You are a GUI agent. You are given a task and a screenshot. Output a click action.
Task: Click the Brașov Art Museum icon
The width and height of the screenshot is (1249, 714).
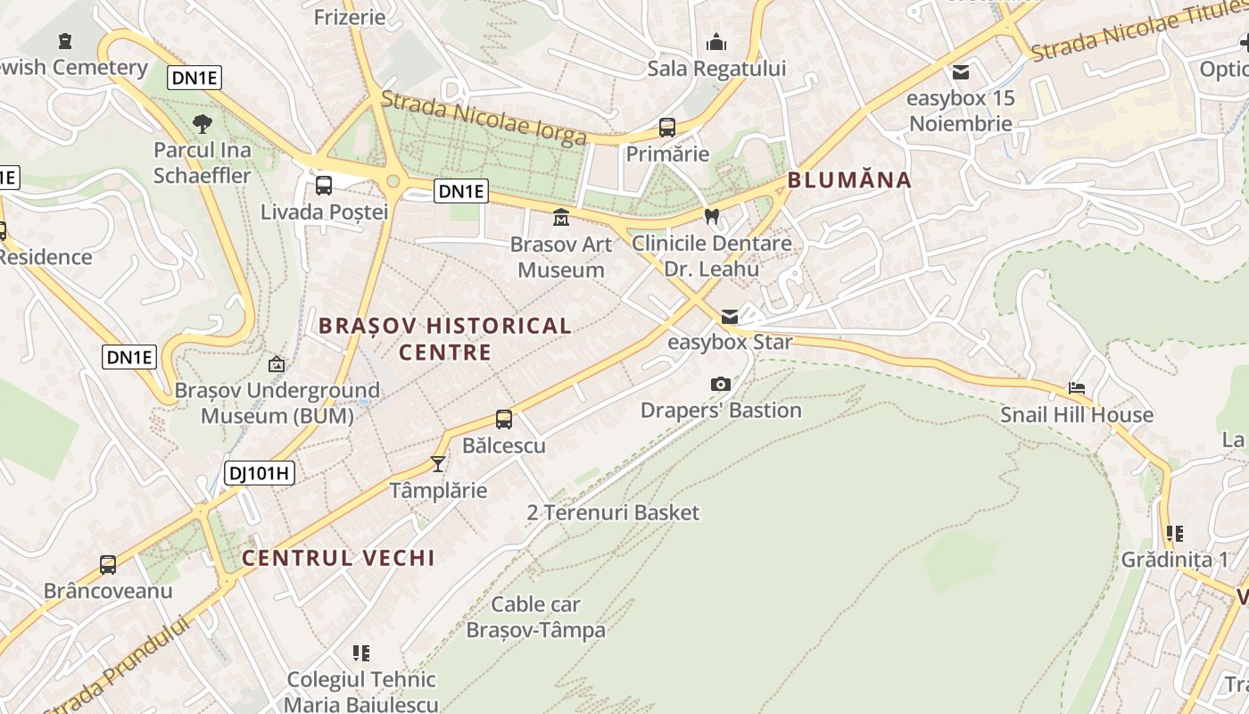561,217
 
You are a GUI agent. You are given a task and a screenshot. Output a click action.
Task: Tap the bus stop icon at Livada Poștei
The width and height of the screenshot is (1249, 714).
324,186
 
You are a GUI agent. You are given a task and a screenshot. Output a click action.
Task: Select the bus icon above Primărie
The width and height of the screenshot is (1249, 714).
667,127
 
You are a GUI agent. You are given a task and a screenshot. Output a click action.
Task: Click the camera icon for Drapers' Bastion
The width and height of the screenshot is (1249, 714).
721,384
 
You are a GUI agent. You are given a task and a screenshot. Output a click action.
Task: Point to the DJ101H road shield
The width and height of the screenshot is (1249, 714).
260,473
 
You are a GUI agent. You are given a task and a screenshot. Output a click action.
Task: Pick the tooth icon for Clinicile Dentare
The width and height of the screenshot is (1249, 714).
711,216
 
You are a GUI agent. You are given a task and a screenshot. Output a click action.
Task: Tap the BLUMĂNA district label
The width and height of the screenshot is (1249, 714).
849,180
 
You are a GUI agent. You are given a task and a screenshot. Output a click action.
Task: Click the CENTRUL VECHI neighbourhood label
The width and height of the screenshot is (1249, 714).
339,559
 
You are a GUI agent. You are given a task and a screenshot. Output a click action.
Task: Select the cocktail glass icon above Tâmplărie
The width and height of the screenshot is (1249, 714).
438,463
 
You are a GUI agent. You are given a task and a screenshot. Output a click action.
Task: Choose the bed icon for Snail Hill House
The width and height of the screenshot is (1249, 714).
1077,388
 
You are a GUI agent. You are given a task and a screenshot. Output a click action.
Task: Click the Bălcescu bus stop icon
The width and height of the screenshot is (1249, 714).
504,419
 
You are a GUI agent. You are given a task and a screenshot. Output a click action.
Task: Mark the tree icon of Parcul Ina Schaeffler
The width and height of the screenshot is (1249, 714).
203,123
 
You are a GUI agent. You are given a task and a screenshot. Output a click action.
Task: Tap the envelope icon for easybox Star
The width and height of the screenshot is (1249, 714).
730,316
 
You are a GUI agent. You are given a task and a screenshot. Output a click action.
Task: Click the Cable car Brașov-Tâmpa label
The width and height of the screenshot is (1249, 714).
535,617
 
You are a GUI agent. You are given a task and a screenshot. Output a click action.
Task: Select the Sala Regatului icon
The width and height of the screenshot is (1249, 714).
716,42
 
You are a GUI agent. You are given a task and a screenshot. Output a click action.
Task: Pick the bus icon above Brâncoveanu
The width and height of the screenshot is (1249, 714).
108,564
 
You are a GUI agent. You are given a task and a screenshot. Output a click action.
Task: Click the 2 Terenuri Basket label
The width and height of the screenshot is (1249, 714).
613,512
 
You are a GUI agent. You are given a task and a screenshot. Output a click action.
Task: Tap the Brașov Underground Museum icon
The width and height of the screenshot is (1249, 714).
277,364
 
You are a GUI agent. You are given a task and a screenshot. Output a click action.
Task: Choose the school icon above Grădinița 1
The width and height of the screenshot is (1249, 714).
1174,534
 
